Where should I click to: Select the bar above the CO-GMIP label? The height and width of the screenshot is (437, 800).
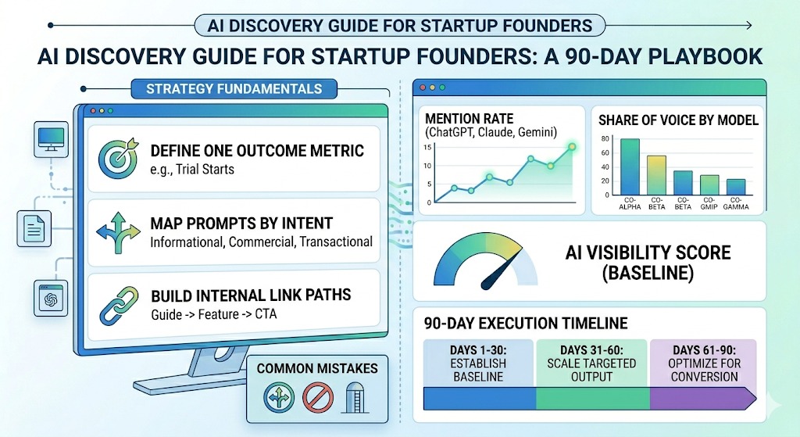[709, 185]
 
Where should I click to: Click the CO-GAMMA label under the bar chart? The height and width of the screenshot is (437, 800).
[736, 206]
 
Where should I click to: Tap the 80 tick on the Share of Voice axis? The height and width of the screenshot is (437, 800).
[605, 139]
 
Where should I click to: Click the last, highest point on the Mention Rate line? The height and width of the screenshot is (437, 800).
[572, 146]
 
